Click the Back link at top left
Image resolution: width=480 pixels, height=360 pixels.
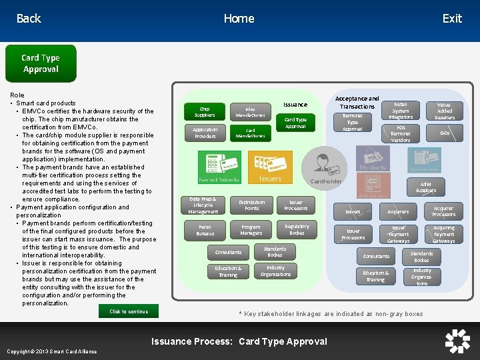(x=29, y=19)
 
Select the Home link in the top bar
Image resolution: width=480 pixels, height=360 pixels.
(x=239, y=19)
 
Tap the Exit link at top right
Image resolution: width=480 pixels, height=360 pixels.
(x=452, y=19)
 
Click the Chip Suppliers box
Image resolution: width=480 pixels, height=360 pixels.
(x=205, y=111)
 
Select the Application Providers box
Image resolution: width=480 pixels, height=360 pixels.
(x=205, y=133)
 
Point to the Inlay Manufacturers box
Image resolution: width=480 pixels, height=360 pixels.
(x=250, y=111)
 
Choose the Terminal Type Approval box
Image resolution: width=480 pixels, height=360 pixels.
(x=353, y=123)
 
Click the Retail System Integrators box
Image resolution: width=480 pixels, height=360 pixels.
(x=401, y=111)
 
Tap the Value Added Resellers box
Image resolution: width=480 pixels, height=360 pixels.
(x=444, y=111)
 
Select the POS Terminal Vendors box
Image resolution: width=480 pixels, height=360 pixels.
(x=401, y=133)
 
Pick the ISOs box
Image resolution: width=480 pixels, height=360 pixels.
(x=445, y=133)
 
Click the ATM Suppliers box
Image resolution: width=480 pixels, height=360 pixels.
(x=426, y=187)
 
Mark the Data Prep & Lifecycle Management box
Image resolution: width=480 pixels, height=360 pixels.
(x=203, y=205)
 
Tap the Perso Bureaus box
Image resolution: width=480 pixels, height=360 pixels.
(x=205, y=231)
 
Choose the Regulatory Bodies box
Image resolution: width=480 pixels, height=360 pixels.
(x=297, y=229)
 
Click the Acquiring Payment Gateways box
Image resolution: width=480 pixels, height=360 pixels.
(x=443, y=234)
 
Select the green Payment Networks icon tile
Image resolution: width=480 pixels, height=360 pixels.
(x=219, y=167)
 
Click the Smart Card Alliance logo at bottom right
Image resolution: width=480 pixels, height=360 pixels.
(x=457, y=341)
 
